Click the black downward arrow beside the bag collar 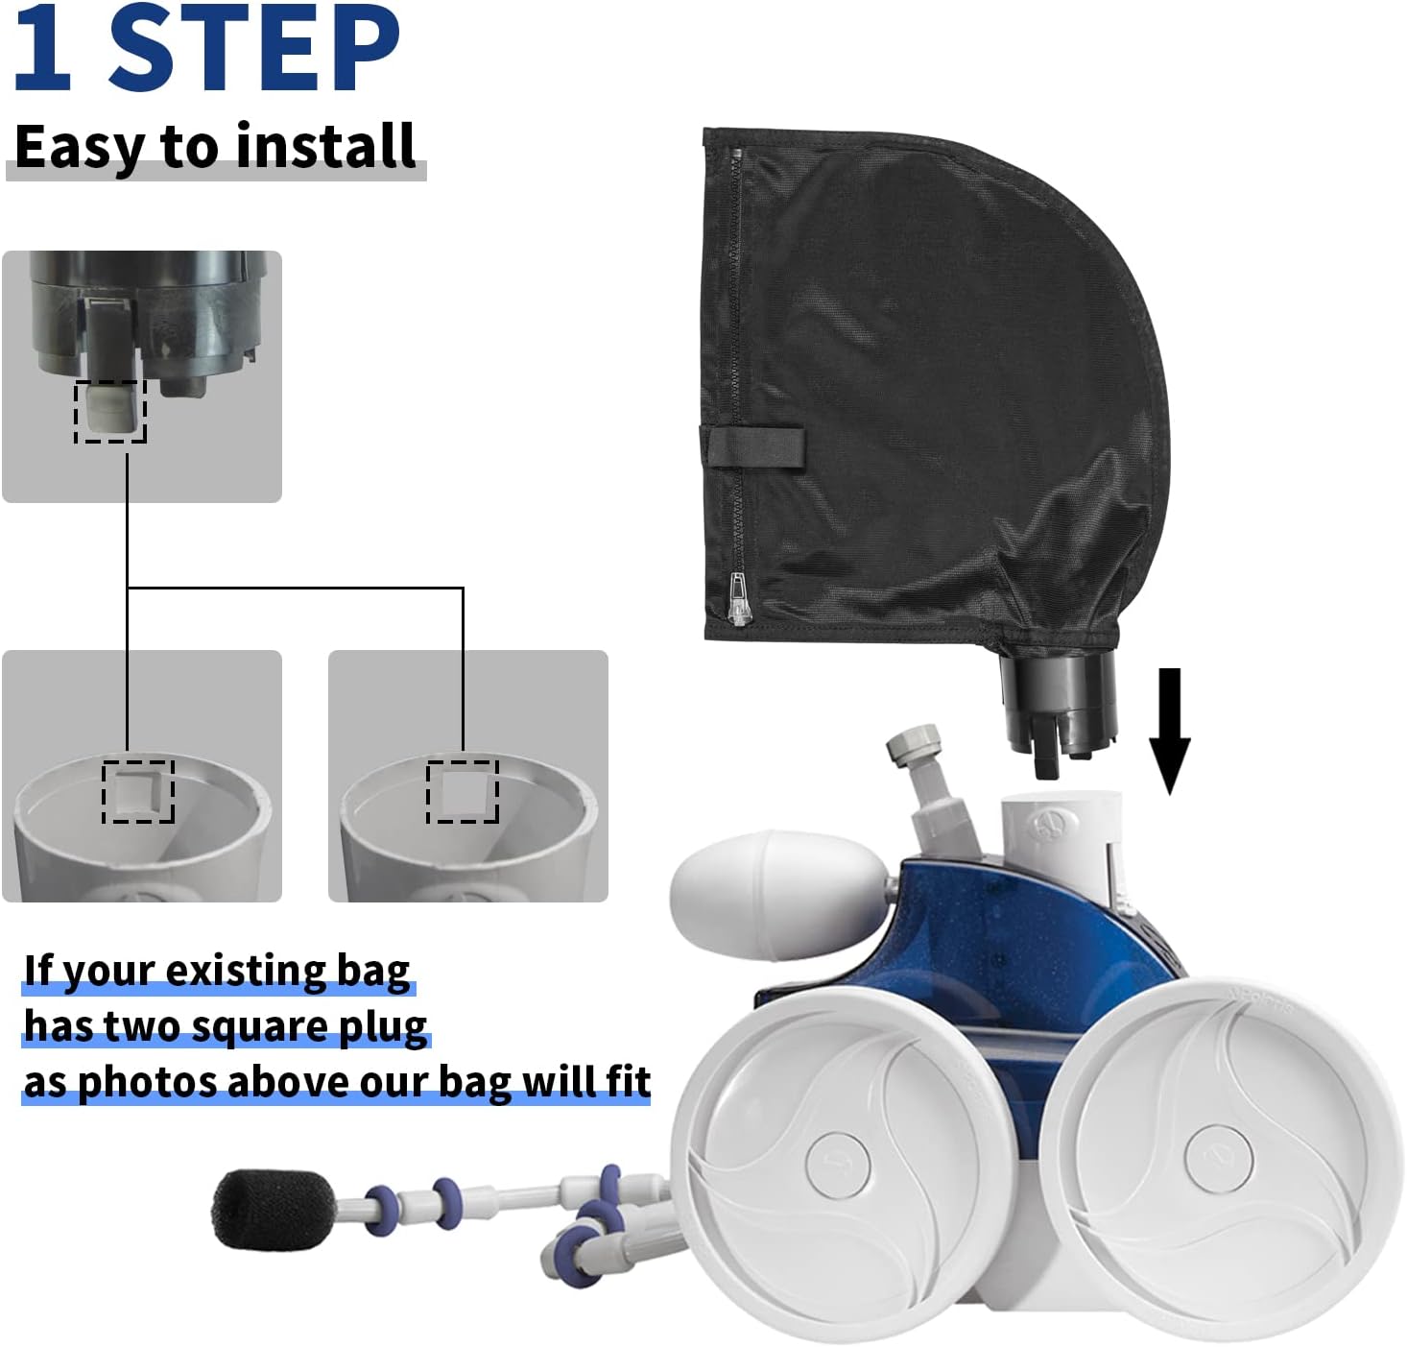pyautogui.click(x=1169, y=731)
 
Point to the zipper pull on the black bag pyautogui.click(x=738, y=599)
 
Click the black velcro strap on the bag pyautogui.click(x=754, y=447)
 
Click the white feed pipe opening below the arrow pyautogui.click(x=1061, y=802)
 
